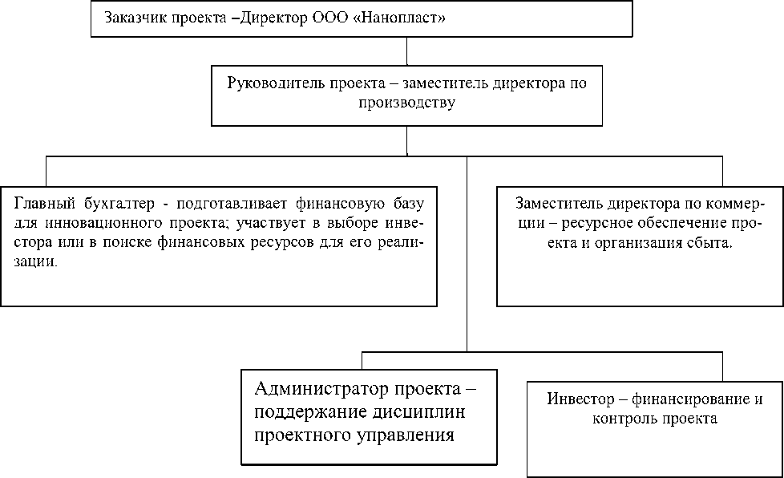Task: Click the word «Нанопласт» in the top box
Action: (x=406, y=18)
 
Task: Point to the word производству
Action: (x=407, y=103)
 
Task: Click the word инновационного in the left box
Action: (x=96, y=222)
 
